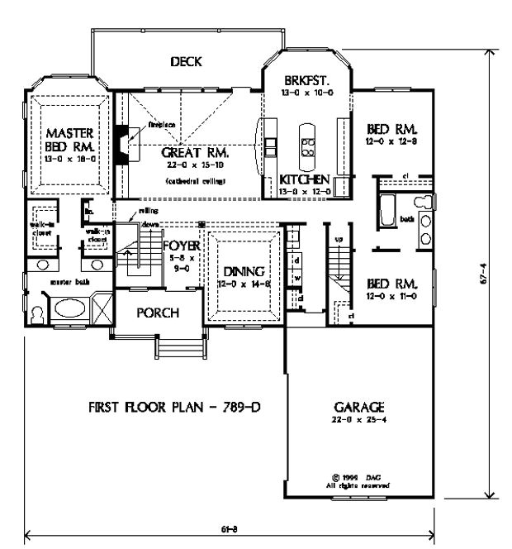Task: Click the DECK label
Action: pyautogui.click(x=187, y=62)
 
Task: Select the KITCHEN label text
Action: pyautogui.click(x=305, y=179)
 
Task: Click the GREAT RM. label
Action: pyautogui.click(x=195, y=153)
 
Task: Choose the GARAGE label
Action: pyautogui.click(x=358, y=408)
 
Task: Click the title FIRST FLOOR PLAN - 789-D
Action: pyautogui.click(x=168, y=408)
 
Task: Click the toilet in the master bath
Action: pyautogui.click(x=37, y=314)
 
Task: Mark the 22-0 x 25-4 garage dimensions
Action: pyautogui.click(x=358, y=421)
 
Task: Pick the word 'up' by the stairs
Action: pyautogui.click(x=338, y=239)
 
